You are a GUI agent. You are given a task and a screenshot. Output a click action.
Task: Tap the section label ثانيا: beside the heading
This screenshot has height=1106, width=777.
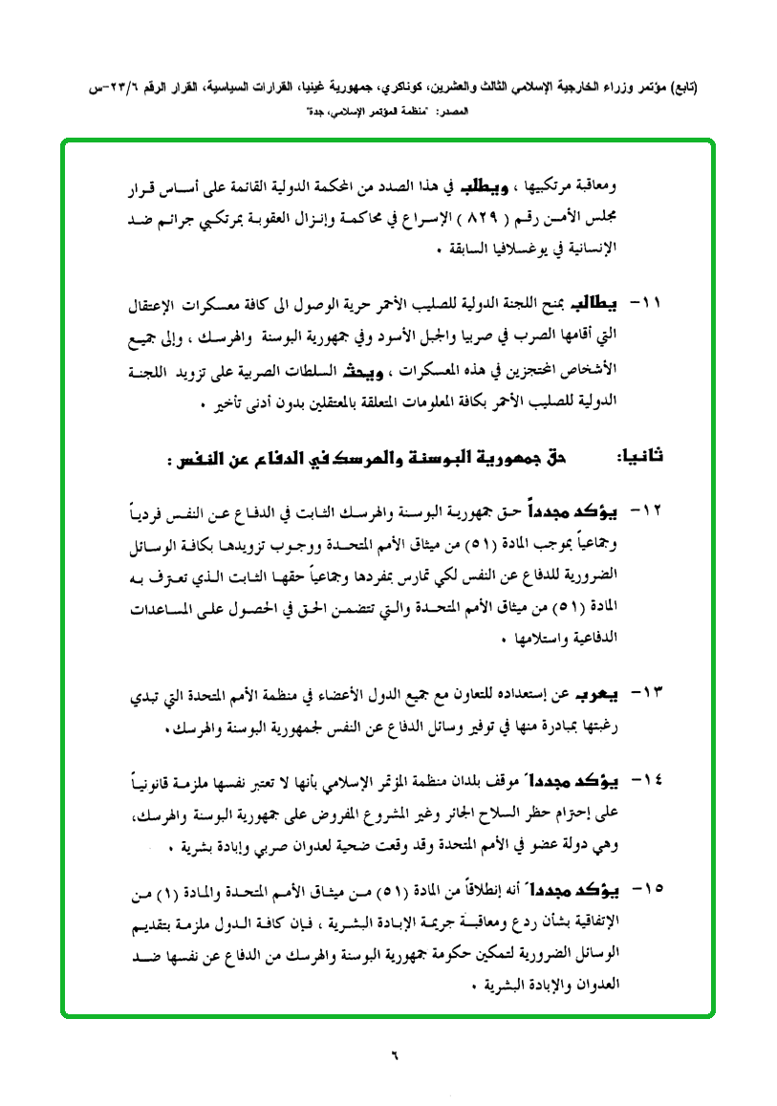click(639, 458)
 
